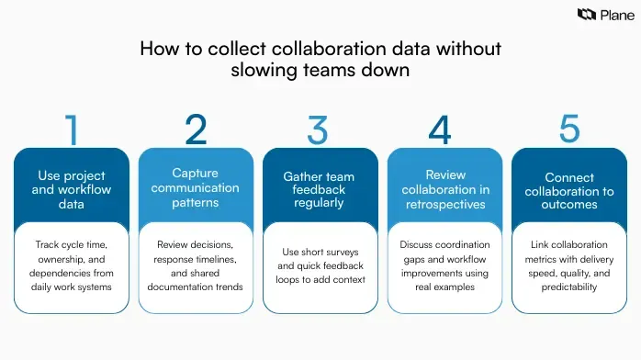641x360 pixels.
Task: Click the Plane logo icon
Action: pyautogui.click(x=586, y=15)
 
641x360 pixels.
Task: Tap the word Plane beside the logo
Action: pyautogui.click(x=613, y=15)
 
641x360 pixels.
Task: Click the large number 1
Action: pyautogui.click(x=72, y=131)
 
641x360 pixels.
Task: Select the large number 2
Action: pyautogui.click(x=196, y=130)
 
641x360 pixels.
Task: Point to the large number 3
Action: pyautogui.click(x=318, y=130)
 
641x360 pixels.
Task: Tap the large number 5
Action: pyautogui.click(x=569, y=129)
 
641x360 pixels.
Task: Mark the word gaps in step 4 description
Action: pyautogui.click(x=418, y=259)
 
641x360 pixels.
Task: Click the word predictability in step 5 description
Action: pyautogui.click(x=569, y=287)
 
